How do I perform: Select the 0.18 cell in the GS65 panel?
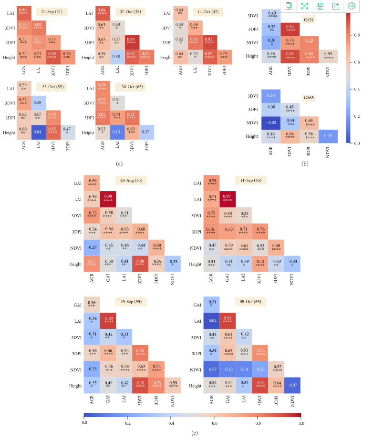[328, 136]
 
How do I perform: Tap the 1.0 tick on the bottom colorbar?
[301, 422]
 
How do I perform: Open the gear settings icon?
[352, 6]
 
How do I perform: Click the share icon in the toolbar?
[336, 6]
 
